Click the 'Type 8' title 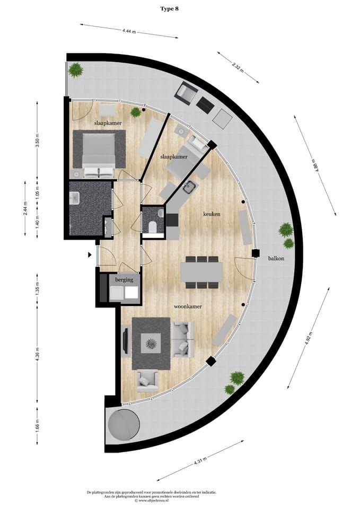pyautogui.click(x=169, y=9)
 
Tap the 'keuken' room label pyautogui.click(x=212, y=214)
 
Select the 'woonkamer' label pyautogui.click(x=188, y=306)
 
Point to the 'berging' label pyautogui.click(x=124, y=280)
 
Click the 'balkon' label pyautogui.click(x=276, y=258)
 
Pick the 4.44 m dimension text pyautogui.click(x=129, y=31)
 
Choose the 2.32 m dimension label pyautogui.click(x=238, y=67)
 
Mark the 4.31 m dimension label pyautogui.click(x=200, y=460)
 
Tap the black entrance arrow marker pyautogui.click(x=90, y=255)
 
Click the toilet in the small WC pyautogui.click(x=152, y=226)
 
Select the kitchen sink pyautogui.click(x=190, y=187)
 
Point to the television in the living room pyautogui.click(x=125, y=340)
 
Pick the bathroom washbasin pyautogui.click(x=75, y=198)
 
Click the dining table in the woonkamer pyautogui.click(x=201, y=272)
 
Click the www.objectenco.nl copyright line pyautogui.click(x=151, y=501)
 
